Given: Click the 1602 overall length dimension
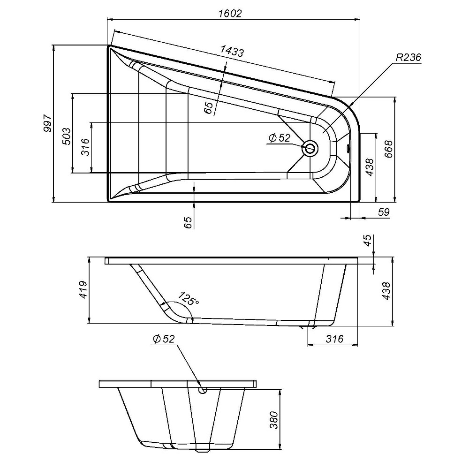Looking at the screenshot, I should (230, 14).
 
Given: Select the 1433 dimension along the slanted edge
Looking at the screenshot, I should (232, 51).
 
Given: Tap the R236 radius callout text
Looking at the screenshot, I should (408, 58).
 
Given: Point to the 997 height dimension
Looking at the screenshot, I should (47, 123).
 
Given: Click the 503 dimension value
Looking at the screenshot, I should (67, 136).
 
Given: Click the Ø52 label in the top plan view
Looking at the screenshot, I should (280, 137).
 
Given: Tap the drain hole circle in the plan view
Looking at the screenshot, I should (310, 149).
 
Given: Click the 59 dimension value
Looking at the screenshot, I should (384, 212).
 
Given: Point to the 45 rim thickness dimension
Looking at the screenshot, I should (368, 241).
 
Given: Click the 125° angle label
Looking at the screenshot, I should (188, 298).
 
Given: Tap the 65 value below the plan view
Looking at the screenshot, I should (188, 221).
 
